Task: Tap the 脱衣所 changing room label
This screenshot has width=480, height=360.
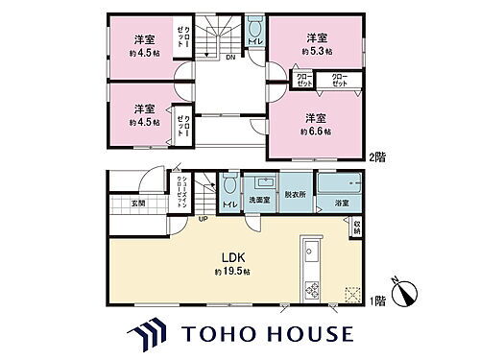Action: point(294,194)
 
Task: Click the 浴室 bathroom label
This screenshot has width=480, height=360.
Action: point(342,203)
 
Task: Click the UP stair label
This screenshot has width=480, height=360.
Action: point(203,220)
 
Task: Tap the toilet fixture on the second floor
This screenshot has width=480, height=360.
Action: point(254,25)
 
